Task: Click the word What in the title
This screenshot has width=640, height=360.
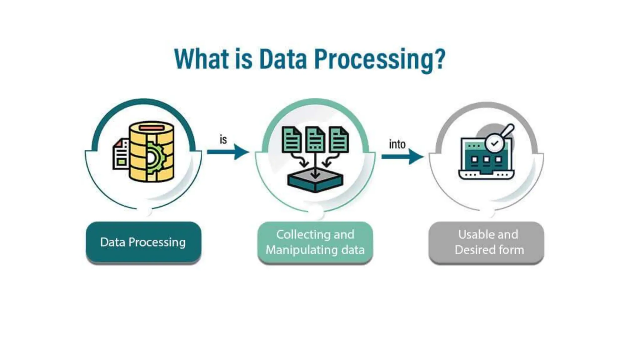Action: [201, 59]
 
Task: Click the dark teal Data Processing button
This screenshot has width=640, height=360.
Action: [143, 242]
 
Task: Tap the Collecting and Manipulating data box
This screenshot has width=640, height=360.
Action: [315, 242]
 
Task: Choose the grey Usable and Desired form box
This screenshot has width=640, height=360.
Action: [486, 242]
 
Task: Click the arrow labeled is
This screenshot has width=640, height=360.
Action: [228, 152]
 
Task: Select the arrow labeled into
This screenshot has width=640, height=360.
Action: [402, 156]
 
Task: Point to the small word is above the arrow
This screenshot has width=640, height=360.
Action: [223, 140]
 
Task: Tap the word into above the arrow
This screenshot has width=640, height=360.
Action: [397, 144]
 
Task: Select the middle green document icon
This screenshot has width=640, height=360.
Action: [315, 139]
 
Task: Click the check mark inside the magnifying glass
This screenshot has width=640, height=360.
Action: [494, 143]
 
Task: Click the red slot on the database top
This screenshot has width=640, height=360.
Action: [152, 127]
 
